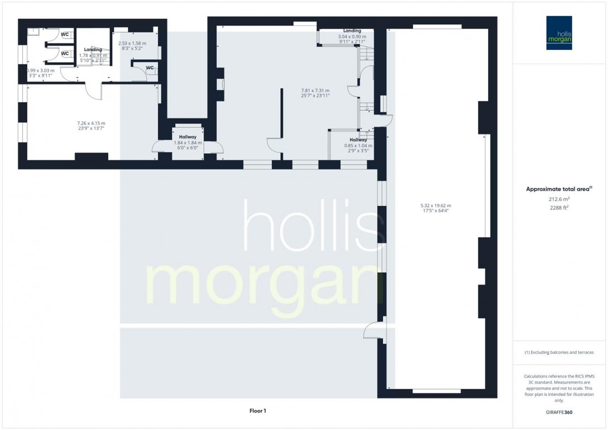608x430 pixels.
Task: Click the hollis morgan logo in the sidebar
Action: (560, 33)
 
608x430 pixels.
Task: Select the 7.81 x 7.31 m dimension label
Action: (315, 91)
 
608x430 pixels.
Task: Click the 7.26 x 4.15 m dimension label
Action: (91, 123)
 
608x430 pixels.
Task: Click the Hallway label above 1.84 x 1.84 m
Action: (187, 137)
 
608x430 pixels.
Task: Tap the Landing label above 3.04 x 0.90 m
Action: (352, 31)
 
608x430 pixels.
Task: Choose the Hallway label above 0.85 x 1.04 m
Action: (358, 140)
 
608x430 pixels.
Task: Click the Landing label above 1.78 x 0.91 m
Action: (93, 50)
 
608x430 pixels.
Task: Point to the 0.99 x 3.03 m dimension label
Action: (41, 71)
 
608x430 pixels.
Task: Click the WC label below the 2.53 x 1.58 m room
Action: (150, 68)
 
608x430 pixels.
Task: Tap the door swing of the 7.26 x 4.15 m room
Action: (94, 91)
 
